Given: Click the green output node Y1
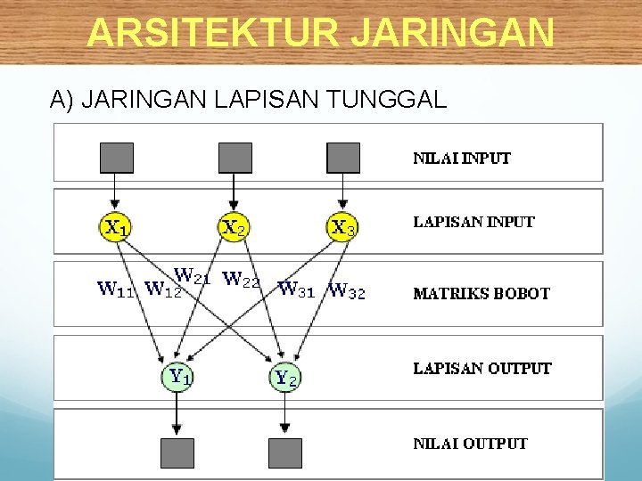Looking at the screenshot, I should [x=178, y=376].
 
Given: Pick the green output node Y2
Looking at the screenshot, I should [x=285, y=378].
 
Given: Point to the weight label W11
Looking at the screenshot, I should [x=117, y=289].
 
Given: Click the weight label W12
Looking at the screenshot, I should [x=163, y=289].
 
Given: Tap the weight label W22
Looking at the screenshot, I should [x=241, y=281].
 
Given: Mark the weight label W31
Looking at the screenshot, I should [x=296, y=289].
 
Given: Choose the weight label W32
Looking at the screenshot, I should [x=347, y=290].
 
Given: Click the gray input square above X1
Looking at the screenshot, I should [x=116, y=158].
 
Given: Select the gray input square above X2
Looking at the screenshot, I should [x=235, y=158].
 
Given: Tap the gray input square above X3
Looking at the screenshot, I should [x=343, y=158].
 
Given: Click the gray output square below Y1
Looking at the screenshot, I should [x=177, y=452].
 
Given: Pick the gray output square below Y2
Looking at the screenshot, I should [x=285, y=452].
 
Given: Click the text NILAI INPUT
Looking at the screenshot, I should [x=461, y=159].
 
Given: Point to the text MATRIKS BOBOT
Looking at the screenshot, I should [x=481, y=293].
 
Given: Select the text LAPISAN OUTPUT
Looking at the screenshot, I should [x=481, y=368].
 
